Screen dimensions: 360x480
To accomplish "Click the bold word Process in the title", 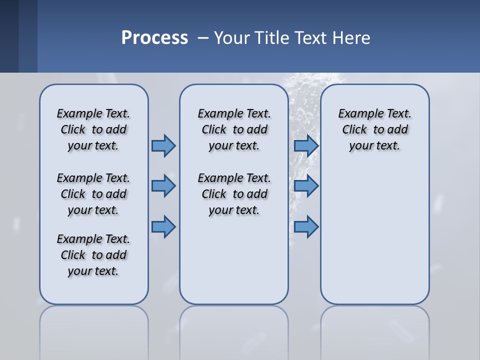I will pyautogui.click(x=154, y=38).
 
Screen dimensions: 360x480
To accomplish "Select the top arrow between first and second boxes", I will pyautogui.click(x=163, y=145).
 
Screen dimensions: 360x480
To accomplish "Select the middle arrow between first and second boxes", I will pyautogui.click(x=163, y=186).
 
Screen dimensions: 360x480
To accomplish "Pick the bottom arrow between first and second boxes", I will pyautogui.click(x=163, y=227).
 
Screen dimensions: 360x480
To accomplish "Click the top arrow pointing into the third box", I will pyautogui.click(x=306, y=145).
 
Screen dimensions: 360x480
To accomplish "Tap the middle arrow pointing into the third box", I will pyautogui.click(x=306, y=186).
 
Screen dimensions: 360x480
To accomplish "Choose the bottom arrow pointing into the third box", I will pyautogui.click(x=306, y=227).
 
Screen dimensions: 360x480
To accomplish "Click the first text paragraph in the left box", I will pyautogui.click(x=93, y=129).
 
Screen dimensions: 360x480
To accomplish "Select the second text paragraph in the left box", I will pyautogui.click(x=93, y=194).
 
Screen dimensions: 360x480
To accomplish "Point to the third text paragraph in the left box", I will pyautogui.click(x=93, y=255).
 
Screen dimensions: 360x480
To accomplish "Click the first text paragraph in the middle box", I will pyautogui.click(x=234, y=129).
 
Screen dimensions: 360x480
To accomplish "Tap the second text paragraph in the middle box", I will pyautogui.click(x=234, y=194).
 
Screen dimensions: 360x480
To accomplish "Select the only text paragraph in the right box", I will pyautogui.click(x=374, y=129).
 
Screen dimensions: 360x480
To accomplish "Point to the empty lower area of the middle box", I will pyautogui.click(x=234, y=260).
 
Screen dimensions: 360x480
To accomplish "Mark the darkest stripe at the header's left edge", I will pyautogui.click(x=9, y=36).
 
